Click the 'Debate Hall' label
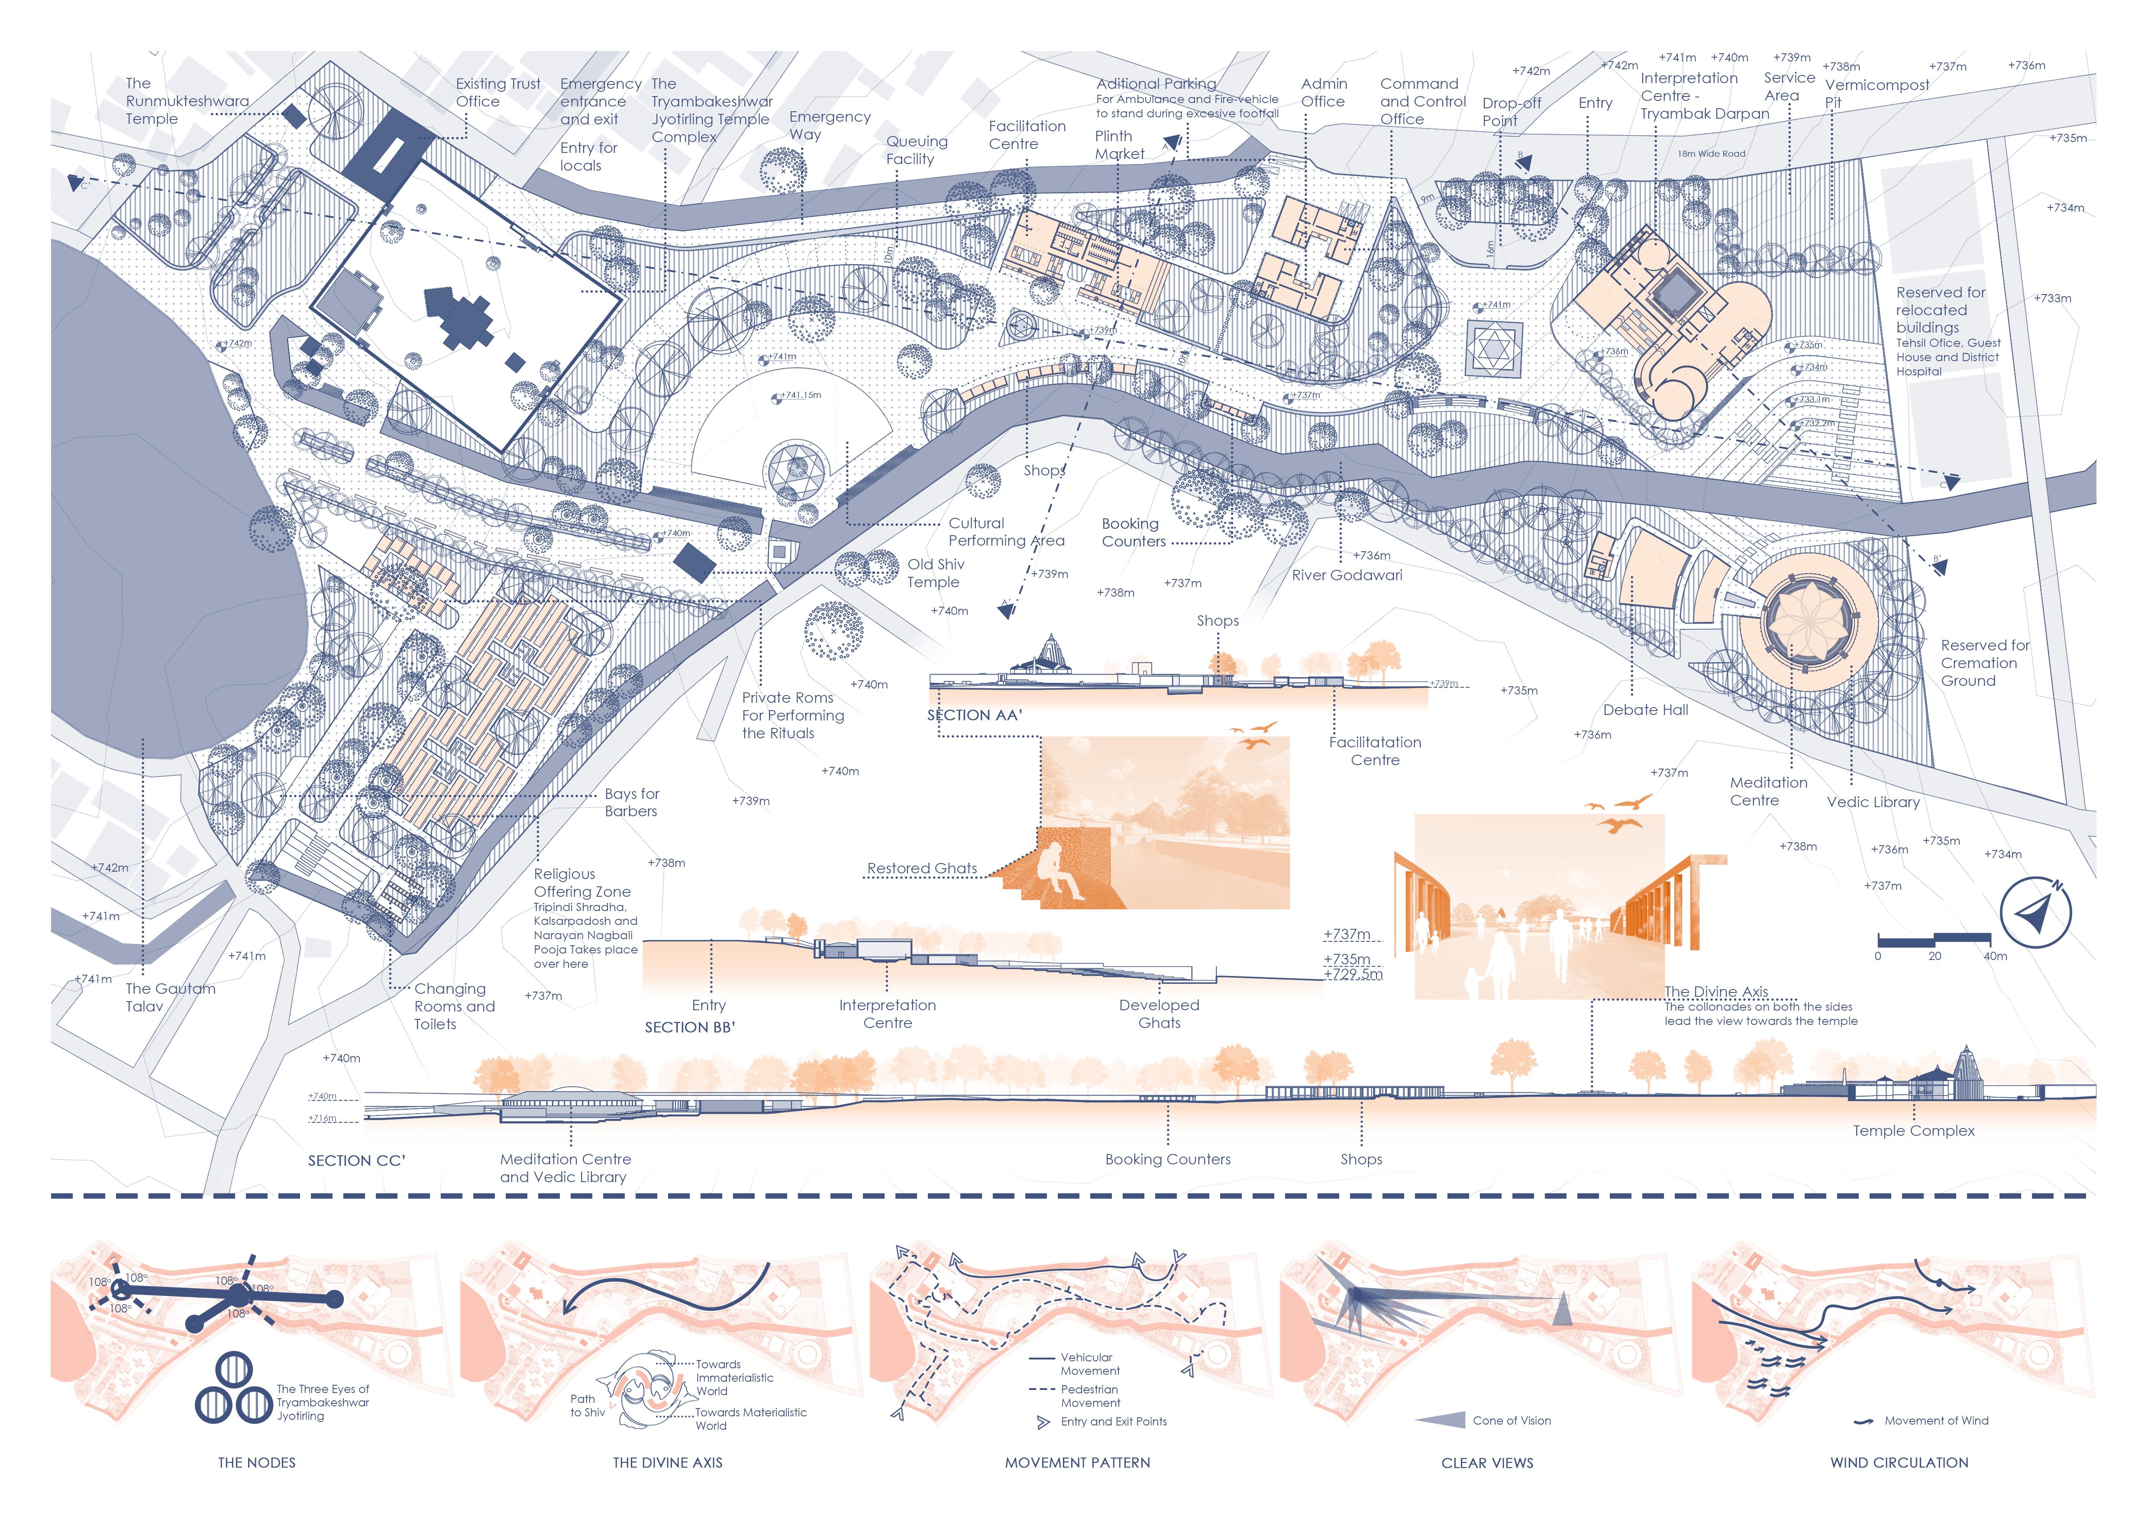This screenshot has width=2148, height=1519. click(1646, 710)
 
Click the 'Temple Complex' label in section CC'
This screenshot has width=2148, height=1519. click(1913, 1131)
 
